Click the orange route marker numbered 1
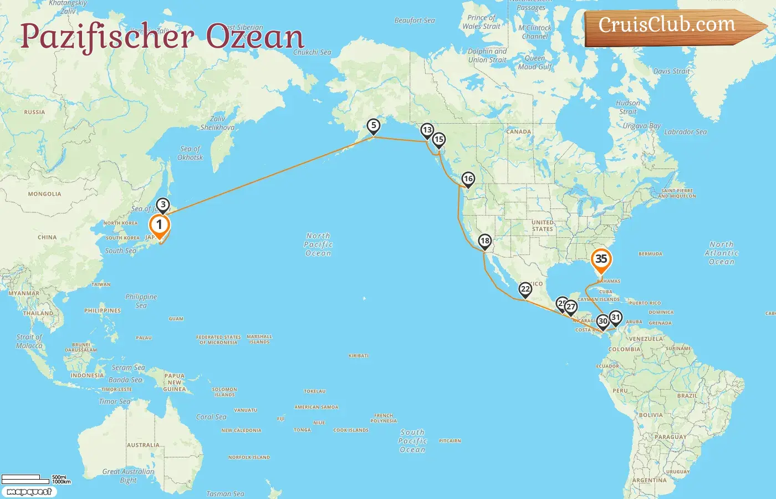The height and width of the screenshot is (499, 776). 159,225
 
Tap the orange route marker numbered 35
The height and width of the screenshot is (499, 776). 601,259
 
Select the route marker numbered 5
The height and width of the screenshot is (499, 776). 374,126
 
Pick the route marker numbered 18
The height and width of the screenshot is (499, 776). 485,241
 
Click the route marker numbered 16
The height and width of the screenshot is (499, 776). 468,179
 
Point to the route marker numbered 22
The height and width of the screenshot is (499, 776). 525,289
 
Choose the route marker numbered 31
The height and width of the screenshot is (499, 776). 615,318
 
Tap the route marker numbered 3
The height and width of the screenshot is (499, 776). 163,205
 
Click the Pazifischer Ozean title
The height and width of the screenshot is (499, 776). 162,37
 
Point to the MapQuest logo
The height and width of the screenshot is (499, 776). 29,492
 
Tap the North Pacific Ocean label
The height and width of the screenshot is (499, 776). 318,245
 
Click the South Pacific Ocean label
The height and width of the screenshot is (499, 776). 413,441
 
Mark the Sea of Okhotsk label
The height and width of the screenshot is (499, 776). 190,153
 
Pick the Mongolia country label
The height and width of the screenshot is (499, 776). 45,194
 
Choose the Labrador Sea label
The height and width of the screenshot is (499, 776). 685,132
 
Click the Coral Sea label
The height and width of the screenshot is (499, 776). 211,417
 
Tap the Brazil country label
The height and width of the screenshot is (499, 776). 687,396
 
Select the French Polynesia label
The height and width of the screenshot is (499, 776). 384,418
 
